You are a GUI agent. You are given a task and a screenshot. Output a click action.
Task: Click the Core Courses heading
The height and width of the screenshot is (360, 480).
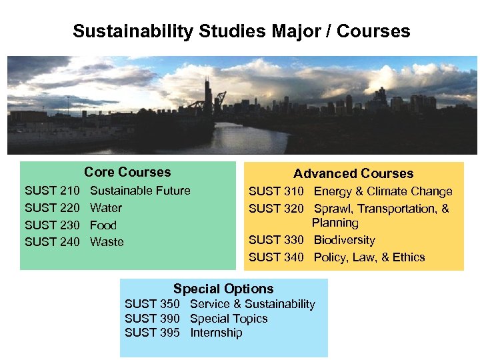click(127, 172)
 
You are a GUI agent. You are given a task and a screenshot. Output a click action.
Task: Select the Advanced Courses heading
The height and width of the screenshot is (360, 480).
click(353, 173)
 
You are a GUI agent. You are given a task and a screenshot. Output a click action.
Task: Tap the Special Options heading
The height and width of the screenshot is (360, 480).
click(223, 289)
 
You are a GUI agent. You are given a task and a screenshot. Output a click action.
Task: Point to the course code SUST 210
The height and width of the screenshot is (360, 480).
click(52, 191)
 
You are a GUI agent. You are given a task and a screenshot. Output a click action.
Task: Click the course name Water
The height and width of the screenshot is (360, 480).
click(106, 208)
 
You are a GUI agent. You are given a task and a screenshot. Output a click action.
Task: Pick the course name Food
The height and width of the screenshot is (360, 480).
click(103, 225)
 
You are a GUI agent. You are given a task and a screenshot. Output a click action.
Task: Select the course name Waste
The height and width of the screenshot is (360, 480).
click(107, 242)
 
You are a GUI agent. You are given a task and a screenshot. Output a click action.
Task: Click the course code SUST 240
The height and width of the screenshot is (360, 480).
click(52, 242)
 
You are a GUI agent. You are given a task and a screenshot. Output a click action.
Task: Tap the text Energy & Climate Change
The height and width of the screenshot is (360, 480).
click(383, 192)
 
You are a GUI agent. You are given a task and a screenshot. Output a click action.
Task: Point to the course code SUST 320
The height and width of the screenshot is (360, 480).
click(276, 209)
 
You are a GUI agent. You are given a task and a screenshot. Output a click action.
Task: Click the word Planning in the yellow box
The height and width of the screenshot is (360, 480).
click(335, 223)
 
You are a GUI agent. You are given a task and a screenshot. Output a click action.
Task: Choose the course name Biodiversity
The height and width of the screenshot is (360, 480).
click(344, 240)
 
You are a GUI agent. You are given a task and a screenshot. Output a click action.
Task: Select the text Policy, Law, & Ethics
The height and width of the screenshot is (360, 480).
click(369, 257)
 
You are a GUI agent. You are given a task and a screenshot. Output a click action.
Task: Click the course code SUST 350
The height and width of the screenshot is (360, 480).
click(152, 304)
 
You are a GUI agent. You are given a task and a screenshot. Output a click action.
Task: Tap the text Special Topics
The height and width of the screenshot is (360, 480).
click(229, 319)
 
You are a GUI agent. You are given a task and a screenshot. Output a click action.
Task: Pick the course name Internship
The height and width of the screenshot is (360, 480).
click(216, 333)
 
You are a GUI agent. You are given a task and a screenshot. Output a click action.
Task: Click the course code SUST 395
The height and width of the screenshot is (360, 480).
click(152, 333)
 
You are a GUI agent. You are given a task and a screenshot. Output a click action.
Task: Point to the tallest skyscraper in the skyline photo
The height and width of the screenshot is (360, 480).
click(207, 93)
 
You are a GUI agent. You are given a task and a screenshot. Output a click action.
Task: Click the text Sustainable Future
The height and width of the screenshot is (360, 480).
click(140, 191)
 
